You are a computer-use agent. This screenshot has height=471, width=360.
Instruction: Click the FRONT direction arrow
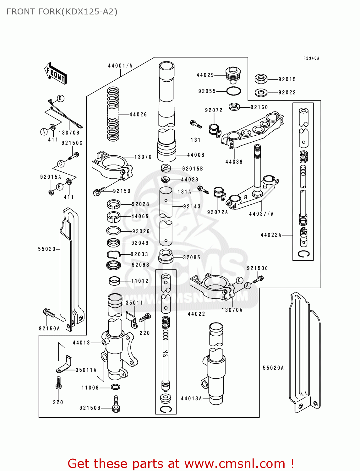(56, 73)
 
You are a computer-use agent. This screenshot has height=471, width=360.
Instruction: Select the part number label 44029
(205, 75)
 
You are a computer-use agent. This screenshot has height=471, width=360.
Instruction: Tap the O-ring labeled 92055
(233, 91)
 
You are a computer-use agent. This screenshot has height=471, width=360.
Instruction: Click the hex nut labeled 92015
(261, 79)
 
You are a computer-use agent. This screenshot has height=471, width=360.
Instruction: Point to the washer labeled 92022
(261, 92)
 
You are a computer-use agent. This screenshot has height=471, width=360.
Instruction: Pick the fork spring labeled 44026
(113, 114)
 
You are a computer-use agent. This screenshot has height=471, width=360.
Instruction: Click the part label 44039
(234, 162)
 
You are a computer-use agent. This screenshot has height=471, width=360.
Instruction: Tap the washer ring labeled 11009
(115, 387)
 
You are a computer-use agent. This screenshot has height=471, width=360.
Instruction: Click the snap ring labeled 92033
(114, 254)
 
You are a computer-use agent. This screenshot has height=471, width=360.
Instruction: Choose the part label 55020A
(273, 368)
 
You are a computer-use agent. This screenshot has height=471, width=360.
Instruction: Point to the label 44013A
(191, 398)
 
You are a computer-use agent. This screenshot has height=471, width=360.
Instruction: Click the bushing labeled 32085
(166, 256)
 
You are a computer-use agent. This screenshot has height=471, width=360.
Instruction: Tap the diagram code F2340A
(311, 58)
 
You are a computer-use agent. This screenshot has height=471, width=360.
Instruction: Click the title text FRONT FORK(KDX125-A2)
(62, 12)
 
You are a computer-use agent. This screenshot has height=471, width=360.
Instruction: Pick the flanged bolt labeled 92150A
(49, 313)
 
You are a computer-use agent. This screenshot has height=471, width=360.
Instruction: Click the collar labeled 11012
(114, 280)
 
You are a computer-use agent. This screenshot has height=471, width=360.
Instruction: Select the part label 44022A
(271, 235)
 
